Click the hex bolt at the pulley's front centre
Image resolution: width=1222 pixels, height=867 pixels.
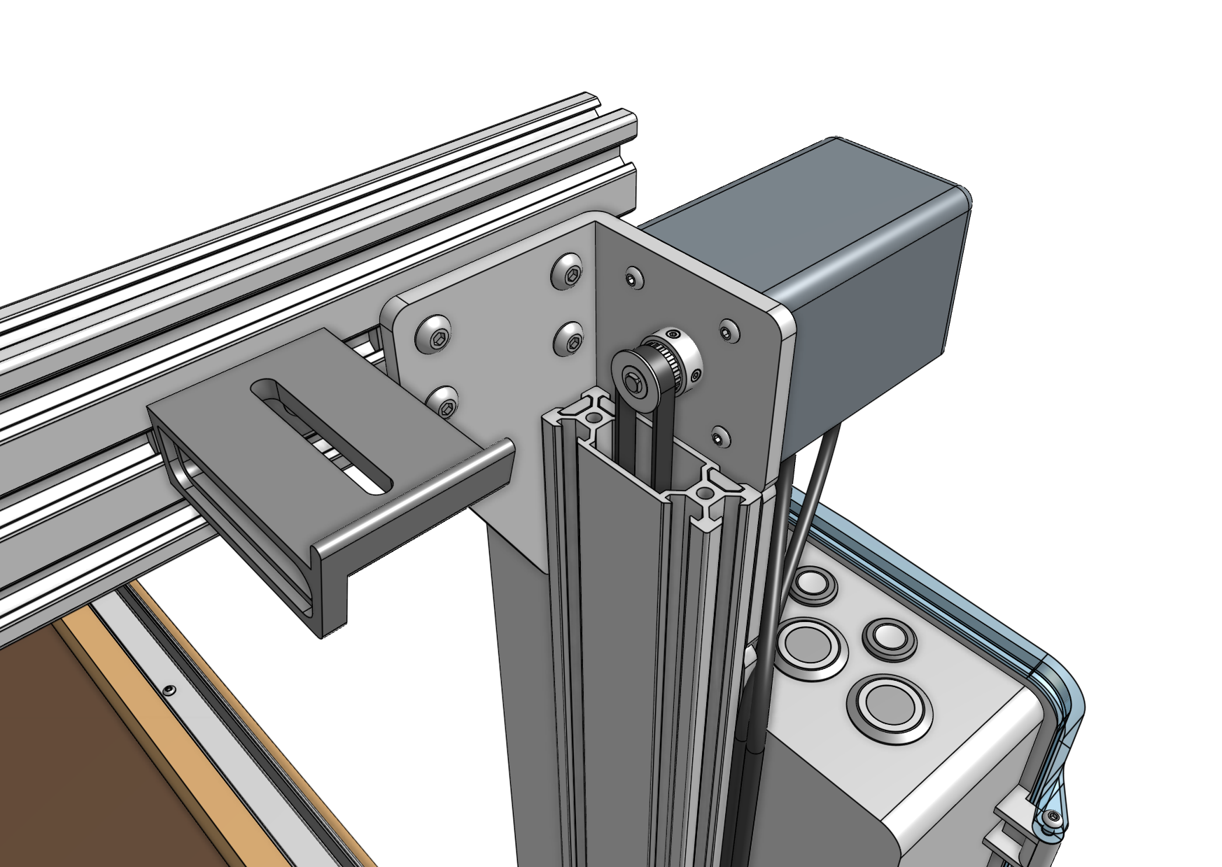point(633,382)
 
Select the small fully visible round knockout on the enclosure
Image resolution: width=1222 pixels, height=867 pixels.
point(890,637)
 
